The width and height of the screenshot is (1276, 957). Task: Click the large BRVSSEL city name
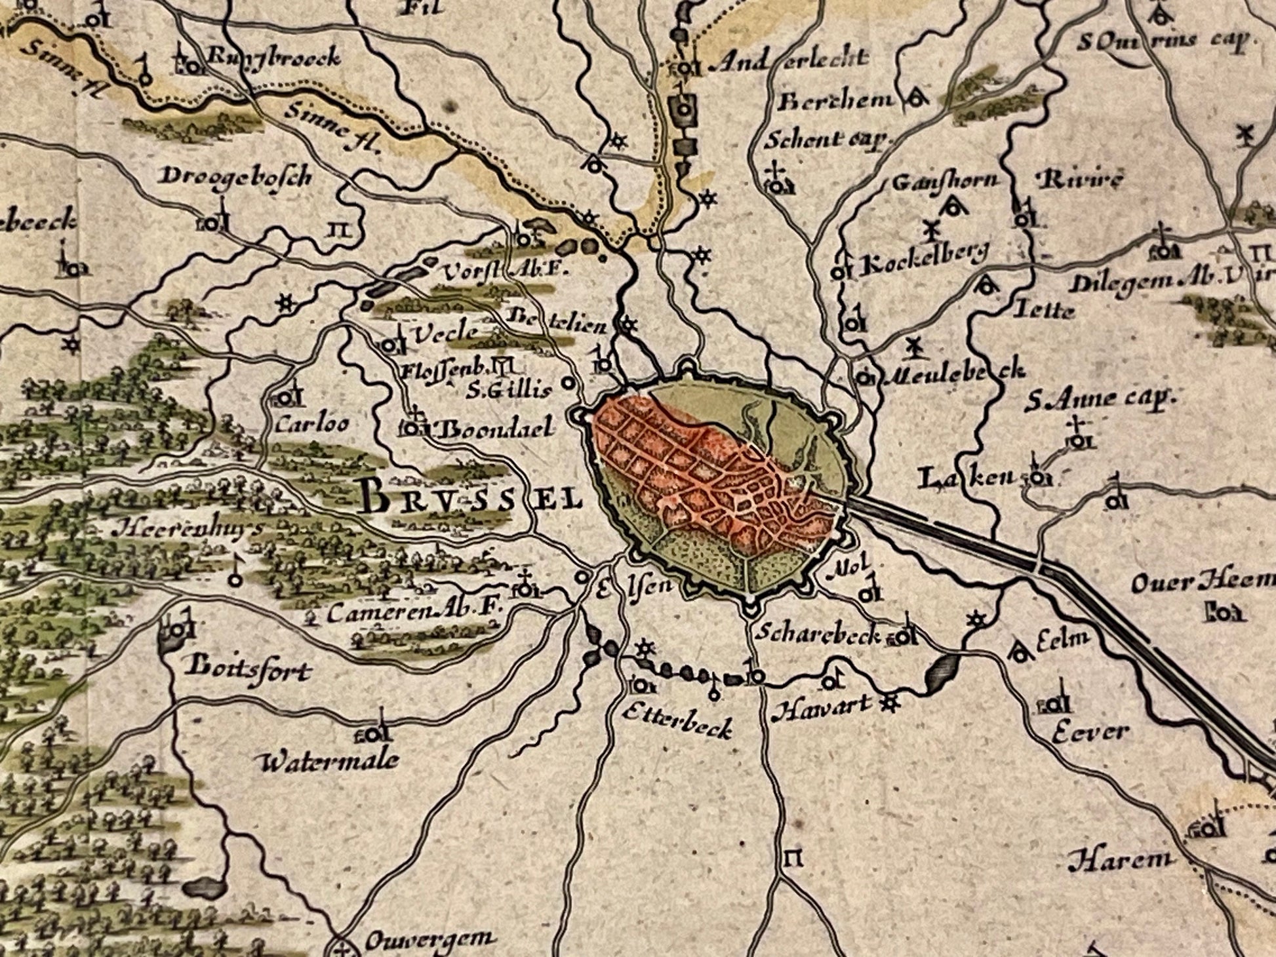[x=471, y=500]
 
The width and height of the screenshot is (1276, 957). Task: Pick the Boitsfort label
[x=247, y=670]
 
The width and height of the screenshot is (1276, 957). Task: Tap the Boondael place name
[x=495, y=429]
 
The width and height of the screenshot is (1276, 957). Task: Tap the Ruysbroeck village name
[x=273, y=58]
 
